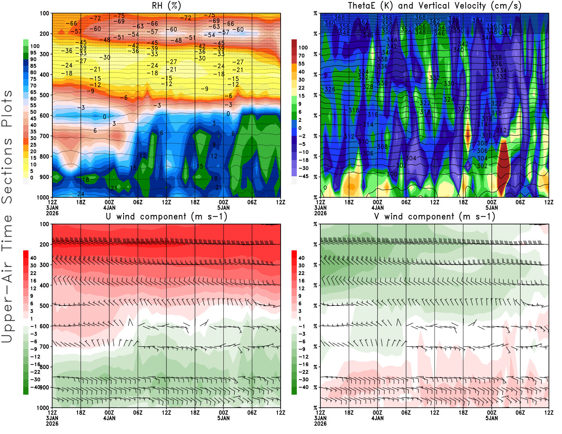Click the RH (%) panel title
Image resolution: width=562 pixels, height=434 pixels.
[166, 6]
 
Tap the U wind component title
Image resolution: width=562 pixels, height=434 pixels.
[166, 217]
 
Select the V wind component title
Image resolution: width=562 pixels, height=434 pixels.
[434, 217]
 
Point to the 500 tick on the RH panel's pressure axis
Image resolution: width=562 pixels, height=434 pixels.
[44, 95]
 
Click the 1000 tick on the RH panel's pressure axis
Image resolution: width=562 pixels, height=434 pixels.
[43, 197]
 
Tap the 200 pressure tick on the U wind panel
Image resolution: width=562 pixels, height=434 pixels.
[44, 245]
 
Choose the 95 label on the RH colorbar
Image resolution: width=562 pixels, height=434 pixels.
[33, 53]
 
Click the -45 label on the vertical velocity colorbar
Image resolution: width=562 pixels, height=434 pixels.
[303, 176]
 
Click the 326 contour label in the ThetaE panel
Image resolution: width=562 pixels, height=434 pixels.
[330, 89]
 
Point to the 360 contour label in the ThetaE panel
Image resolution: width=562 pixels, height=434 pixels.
[330, 24]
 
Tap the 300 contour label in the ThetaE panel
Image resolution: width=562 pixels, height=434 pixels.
[392, 174]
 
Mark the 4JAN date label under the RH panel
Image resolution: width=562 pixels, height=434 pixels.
[109, 208]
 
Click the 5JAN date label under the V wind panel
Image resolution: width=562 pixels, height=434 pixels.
[492, 418]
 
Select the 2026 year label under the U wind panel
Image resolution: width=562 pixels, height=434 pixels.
[52, 423]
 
